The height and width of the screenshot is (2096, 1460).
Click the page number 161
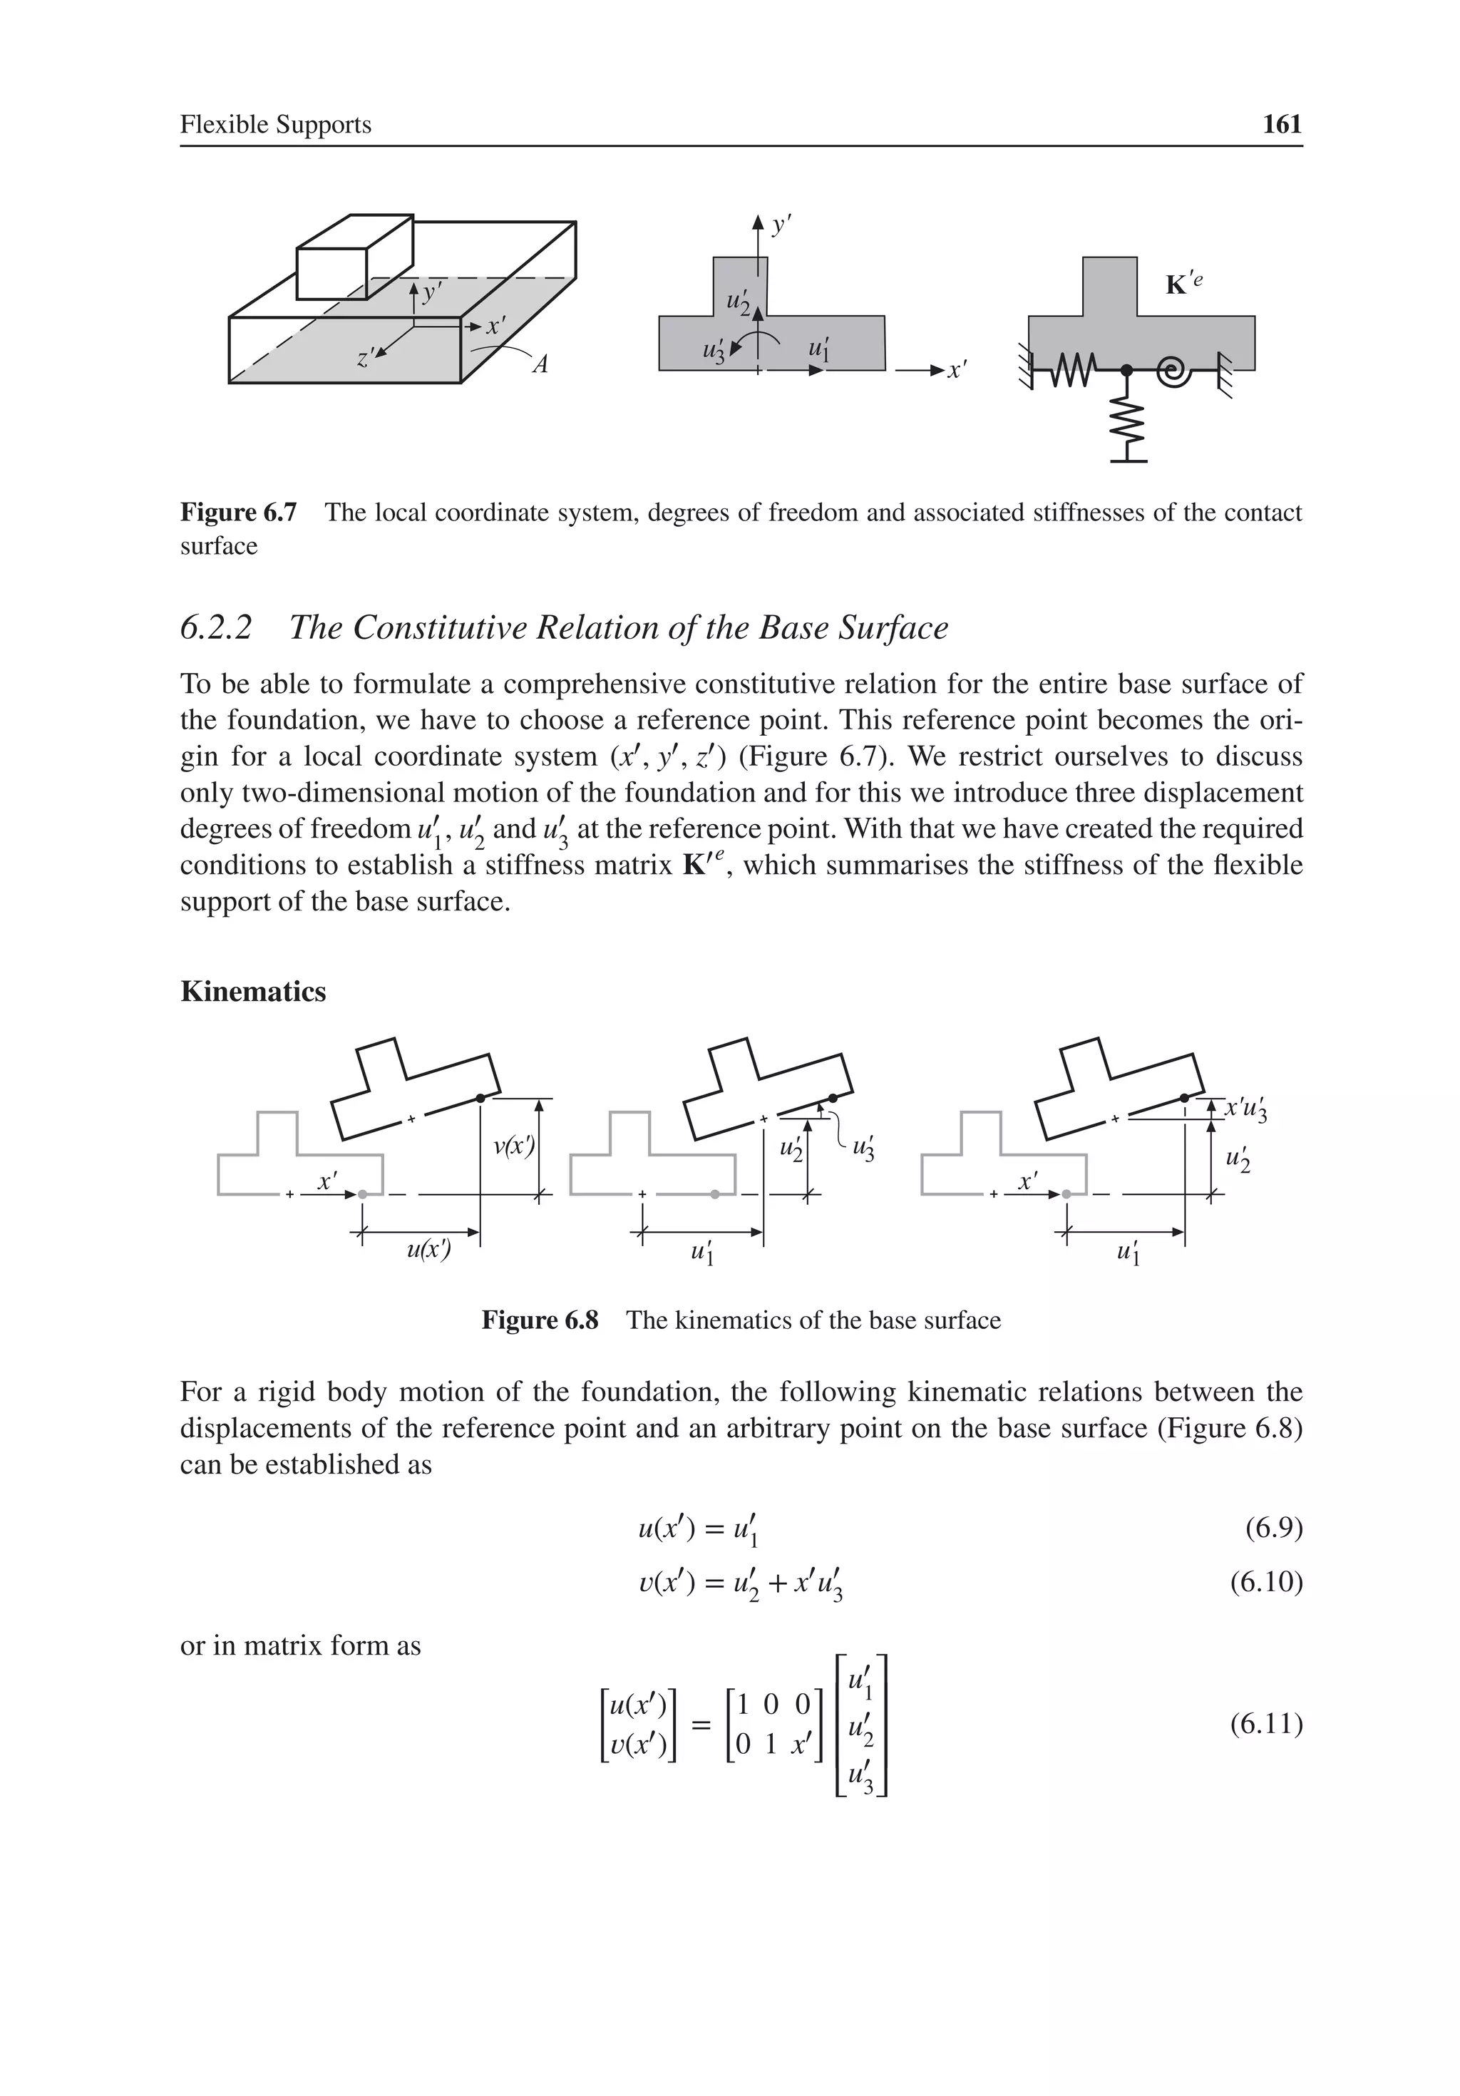coord(1281,124)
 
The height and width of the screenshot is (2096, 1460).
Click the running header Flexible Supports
coord(275,124)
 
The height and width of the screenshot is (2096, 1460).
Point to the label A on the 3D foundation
coord(540,365)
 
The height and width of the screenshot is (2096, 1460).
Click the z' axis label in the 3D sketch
coord(364,358)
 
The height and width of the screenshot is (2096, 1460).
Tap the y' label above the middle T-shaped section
coord(781,225)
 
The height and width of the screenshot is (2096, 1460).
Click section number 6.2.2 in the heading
coord(215,628)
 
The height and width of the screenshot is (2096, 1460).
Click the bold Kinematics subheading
coord(253,992)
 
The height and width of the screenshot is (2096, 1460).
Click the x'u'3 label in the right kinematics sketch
coord(1245,1110)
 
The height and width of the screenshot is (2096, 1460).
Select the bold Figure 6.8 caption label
coord(540,1320)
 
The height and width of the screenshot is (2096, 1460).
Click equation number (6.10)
coord(1265,1581)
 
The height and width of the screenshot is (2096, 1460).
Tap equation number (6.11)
coord(1265,1724)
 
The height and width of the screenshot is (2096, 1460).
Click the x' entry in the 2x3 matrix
coord(801,1745)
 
